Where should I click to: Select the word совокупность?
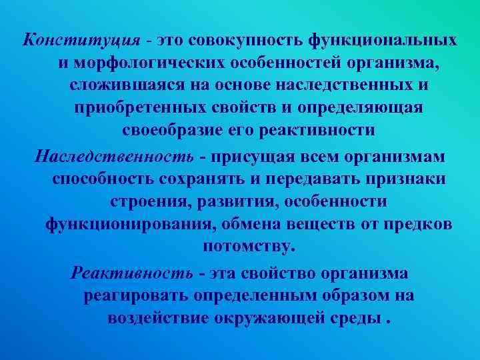coord(246,40)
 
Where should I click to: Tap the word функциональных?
coord(382,40)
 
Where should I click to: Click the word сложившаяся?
coord(121,85)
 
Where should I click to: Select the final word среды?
coord(357,317)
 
